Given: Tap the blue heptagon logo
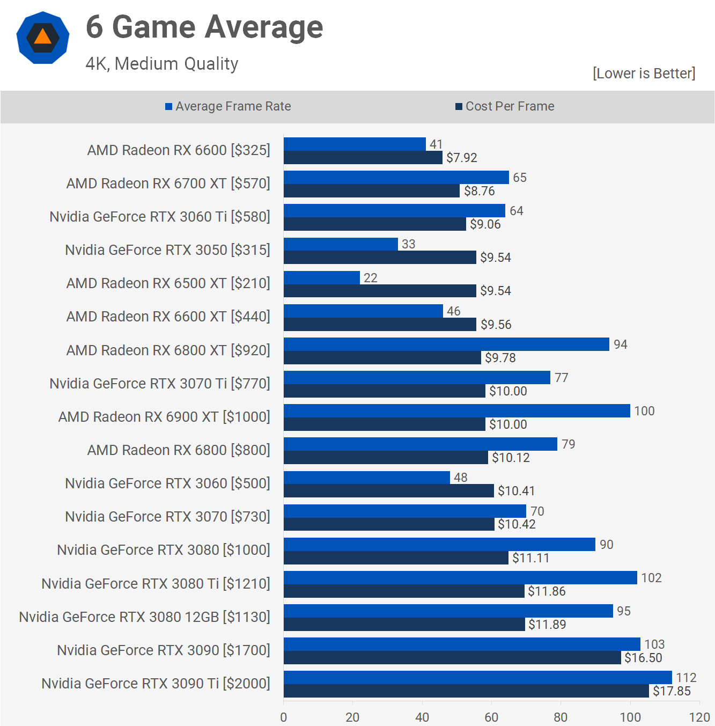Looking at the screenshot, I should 43,38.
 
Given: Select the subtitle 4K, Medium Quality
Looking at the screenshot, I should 162,64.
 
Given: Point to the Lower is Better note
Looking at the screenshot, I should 644,74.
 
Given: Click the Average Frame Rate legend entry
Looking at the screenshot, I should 228,106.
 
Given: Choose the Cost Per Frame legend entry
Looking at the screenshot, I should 505,106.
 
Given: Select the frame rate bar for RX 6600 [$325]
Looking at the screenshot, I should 355,144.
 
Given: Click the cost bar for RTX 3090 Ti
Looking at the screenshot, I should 466,691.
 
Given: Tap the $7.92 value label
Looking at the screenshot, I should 462,158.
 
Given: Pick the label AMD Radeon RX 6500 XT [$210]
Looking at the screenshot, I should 168,283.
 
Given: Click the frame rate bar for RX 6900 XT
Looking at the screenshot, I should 457,410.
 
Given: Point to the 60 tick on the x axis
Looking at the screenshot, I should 491,717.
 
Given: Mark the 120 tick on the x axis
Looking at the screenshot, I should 699,717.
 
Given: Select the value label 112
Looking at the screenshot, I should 687,678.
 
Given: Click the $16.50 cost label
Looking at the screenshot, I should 643,658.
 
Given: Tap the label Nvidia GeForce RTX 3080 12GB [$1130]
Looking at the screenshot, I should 145,617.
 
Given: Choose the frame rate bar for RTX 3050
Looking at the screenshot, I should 341,244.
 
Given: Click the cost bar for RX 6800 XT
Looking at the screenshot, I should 382,358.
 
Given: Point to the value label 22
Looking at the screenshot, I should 371,278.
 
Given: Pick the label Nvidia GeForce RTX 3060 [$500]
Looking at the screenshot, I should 168,483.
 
